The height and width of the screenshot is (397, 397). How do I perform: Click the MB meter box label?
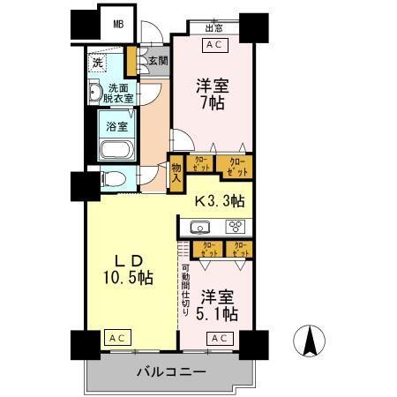coord(117,23)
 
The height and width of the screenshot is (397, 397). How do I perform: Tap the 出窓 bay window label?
coord(213,27)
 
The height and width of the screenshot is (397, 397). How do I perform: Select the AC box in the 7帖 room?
coord(213,43)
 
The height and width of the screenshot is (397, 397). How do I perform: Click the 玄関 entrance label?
coord(157,61)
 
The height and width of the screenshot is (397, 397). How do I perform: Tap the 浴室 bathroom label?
coord(116,126)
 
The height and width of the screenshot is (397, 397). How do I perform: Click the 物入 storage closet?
coord(176,171)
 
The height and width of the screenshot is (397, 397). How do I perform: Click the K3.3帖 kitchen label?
coord(221,202)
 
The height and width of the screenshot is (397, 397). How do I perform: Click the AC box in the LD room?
coord(116,337)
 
